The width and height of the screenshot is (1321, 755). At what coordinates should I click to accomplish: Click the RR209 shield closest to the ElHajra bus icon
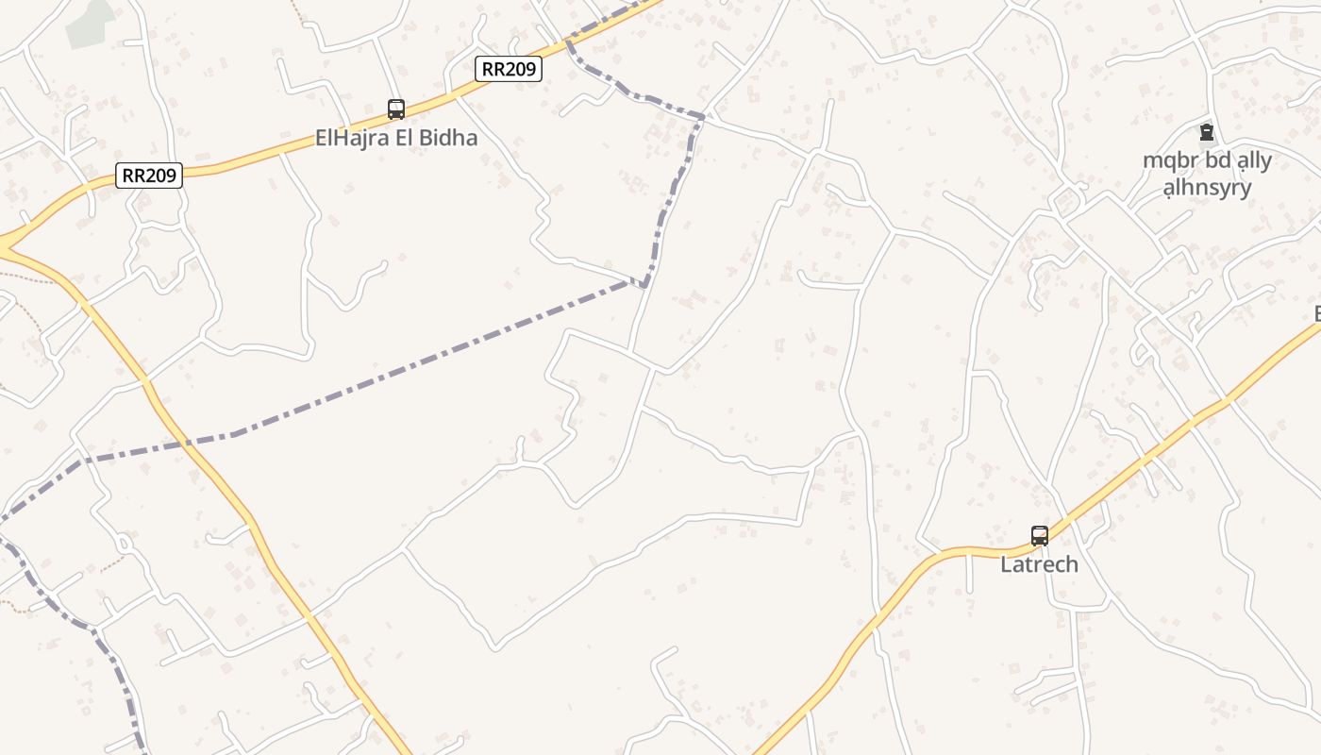click(x=508, y=69)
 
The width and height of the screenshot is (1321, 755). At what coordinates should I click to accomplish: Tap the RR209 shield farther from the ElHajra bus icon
click(x=149, y=175)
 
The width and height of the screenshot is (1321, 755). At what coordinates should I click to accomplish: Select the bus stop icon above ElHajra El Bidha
click(x=396, y=109)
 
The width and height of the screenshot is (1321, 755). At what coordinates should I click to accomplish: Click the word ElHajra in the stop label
click(x=352, y=138)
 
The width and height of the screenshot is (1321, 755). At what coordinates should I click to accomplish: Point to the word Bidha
click(x=448, y=138)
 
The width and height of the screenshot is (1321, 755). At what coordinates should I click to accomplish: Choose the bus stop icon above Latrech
click(x=1040, y=536)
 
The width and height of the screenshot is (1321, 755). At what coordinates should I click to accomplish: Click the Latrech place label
click(x=1039, y=565)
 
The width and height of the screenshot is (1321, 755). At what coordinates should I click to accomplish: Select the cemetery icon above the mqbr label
click(x=1206, y=132)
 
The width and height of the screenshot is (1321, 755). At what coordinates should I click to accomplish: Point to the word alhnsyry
click(x=1207, y=187)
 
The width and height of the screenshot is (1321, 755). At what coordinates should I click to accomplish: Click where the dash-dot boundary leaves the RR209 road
click(x=568, y=41)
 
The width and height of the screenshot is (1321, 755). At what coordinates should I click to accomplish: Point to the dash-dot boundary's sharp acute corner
click(x=645, y=285)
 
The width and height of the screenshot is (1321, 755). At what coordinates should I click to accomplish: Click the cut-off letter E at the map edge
click(x=1316, y=314)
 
